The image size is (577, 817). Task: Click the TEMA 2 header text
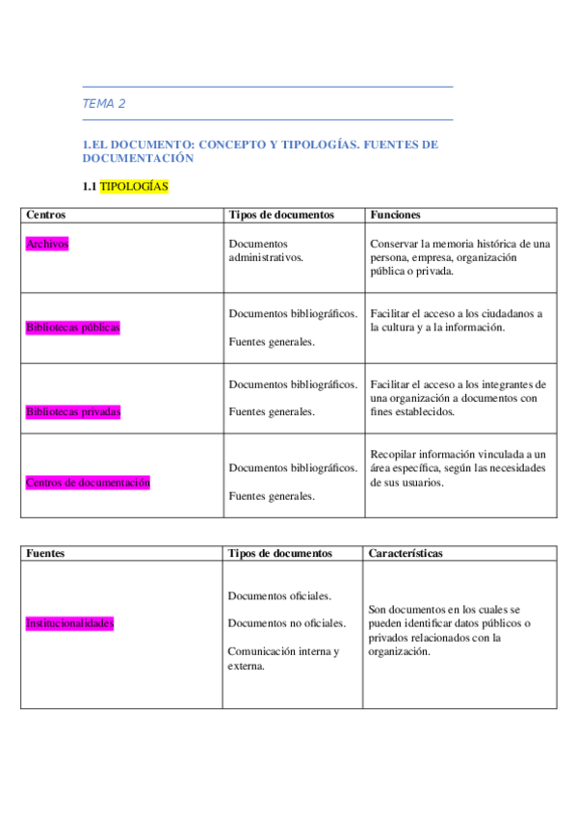104,104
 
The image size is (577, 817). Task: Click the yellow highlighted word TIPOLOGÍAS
134,185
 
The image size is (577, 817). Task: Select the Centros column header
46,215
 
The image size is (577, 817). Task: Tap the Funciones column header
395,215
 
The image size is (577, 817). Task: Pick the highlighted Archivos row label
47,245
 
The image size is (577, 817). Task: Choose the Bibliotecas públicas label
73,328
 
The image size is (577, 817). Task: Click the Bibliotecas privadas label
73,411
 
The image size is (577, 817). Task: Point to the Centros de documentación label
88,482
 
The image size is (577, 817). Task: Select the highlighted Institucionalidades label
69,623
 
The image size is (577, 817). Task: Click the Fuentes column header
45,554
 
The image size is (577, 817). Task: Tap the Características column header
406,554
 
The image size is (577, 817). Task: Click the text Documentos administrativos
267,250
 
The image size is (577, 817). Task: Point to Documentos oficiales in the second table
279,596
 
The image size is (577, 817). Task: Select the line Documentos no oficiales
286,623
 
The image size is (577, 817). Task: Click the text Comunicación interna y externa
283,658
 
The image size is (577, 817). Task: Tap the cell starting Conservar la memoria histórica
459,257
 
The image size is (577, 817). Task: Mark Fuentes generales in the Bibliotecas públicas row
272,341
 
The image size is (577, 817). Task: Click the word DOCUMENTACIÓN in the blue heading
139,158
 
